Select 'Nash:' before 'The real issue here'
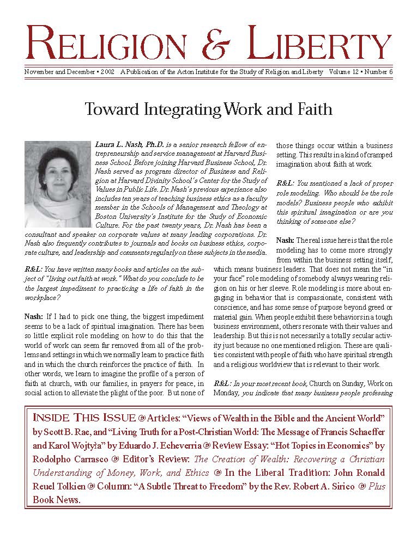(x=286, y=240)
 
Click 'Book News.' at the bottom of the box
(x=57, y=500)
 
